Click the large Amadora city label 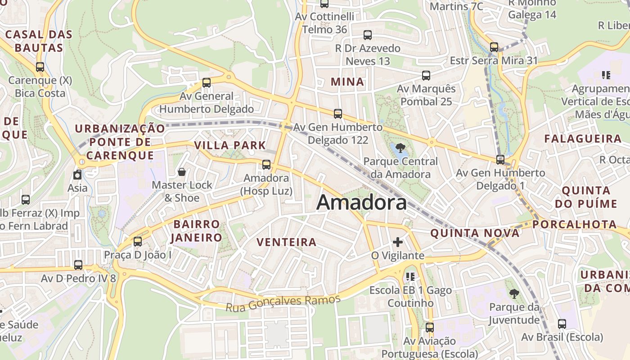(361, 203)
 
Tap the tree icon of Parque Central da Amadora (400, 148)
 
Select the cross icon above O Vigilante (398, 242)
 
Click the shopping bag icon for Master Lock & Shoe (182, 171)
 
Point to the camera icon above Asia (77, 175)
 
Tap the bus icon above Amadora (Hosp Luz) (266, 164)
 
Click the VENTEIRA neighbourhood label (286, 242)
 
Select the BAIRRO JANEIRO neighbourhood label (197, 231)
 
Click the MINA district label (347, 82)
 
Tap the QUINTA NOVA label (475, 233)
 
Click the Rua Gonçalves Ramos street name (283, 303)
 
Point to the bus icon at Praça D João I (138, 241)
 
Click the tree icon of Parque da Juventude (514, 294)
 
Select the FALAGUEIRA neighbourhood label (583, 139)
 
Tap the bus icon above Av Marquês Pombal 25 (426, 75)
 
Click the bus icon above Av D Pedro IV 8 (78, 265)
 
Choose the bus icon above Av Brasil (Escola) (562, 324)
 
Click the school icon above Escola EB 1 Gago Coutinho (410, 276)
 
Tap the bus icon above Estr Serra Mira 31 (494, 47)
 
